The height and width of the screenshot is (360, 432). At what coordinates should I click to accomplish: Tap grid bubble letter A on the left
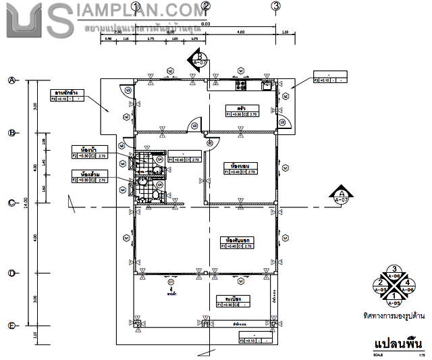tap(11, 80)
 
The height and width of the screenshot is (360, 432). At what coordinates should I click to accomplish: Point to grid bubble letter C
tap(11, 203)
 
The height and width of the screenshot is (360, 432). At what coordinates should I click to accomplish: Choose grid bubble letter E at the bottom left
tap(11, 326)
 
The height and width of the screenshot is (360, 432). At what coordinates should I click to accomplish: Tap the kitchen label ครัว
tap(241, 107)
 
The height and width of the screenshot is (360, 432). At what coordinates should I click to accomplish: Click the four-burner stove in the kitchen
tap(241, 85)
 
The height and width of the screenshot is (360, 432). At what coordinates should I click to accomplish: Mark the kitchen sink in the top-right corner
tap(267, 85)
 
